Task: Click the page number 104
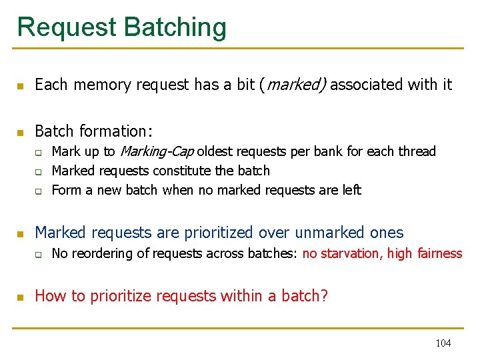click(x=443, y=343)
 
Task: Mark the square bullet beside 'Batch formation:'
click(x=21, y=131)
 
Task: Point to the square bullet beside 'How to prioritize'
click(x=21, y=297)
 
